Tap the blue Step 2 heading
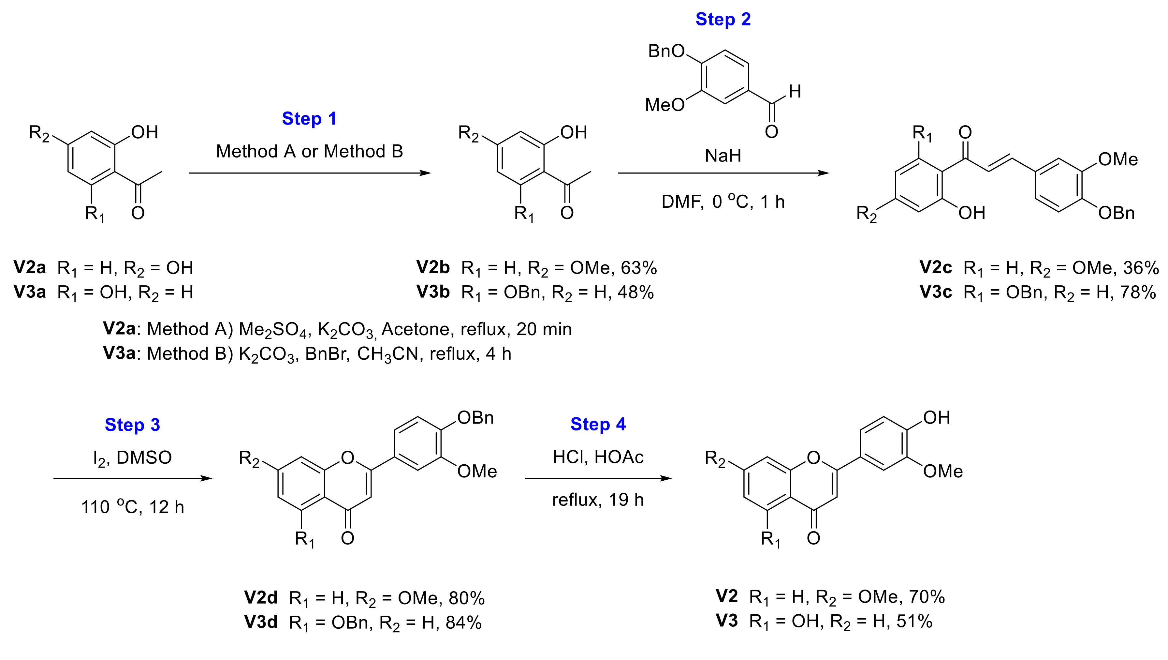[x=723, y=20]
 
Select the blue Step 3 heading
[x=132, y=425]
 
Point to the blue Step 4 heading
[x=598, y=425]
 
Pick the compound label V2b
[x=433, y=268]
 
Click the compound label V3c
[x=935, y=292]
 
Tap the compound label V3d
[x=261, y=622]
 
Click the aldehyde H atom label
[x=795, y=92]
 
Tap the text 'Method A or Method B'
[x=309, y=152]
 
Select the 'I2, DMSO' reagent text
[x=132, y=458]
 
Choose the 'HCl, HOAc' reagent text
[x=598, y=457]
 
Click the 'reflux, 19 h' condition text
[x=598, y=500]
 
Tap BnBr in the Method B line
[x=327, y=354]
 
